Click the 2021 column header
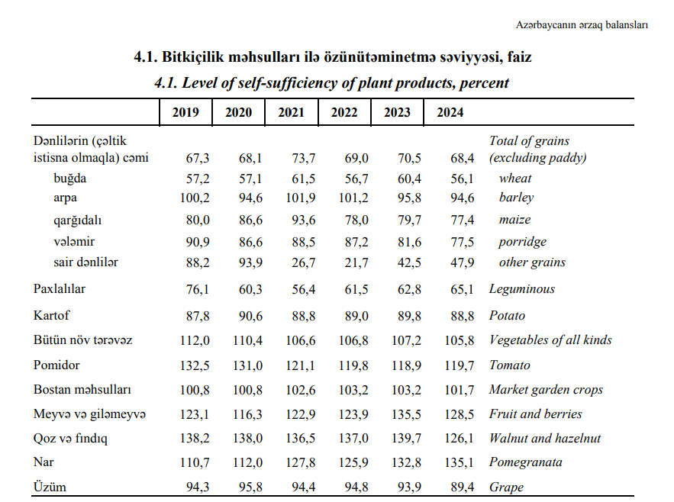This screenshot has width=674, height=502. coord(291,113)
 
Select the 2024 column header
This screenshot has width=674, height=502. coord(450,113)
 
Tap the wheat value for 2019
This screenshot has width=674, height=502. coord(198,179)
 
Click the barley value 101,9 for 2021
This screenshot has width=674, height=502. coord(301,198)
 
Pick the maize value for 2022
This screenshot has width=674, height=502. coord(356,220)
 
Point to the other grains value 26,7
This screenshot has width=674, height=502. coord(304,262)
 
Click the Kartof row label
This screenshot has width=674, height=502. coord(51,316)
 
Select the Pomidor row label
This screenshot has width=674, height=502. coord(56,365)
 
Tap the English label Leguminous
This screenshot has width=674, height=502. coord(522,289)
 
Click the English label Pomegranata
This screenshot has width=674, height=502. coord(526,462)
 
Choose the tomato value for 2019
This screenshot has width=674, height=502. coord(195,365)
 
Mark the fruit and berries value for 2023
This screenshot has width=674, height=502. coord(406,415)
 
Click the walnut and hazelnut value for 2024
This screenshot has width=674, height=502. coord(459,439)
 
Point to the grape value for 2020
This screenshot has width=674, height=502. coord(250,488)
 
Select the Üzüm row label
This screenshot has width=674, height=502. coord(50,487)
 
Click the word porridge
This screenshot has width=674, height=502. coord(522,242)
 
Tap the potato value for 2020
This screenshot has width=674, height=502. coord(250,317)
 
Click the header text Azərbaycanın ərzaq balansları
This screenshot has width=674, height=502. coord(582,25)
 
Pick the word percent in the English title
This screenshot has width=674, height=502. coord(484,83)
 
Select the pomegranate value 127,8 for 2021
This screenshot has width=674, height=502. coord(301,463)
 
